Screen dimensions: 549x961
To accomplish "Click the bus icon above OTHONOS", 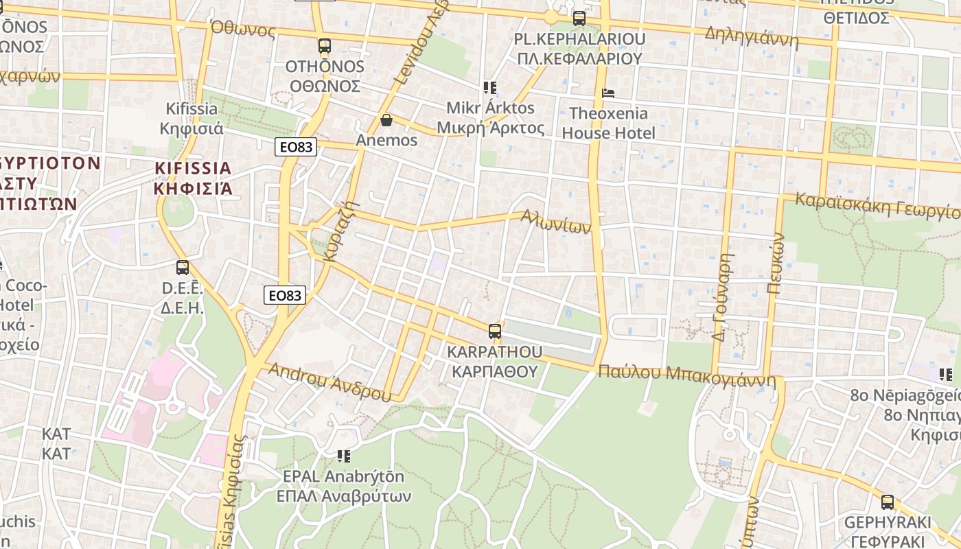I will pyautogui.click(x=324, y=46).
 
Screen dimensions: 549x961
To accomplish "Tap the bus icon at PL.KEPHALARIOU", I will pyautogui.click(x=579, y=18).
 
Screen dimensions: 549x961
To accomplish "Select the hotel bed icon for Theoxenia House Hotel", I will pyautogui.click(x=608, y=93).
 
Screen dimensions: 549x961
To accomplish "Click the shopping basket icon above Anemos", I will pyautogui.click(x=386, y=120).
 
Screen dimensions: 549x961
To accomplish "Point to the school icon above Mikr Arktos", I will pyautogui.click(x=489, y=87).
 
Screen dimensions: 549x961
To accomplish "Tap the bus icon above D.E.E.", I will pyautogui.click(x=183, y=268).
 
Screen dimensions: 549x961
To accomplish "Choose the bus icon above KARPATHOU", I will pyautogui.click(x=494, y=331).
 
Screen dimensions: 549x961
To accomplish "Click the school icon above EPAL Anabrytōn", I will pyautogui.click(x=344, y=456).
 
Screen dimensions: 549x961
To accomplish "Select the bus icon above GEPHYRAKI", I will pyautogui.click(x=888, y=502).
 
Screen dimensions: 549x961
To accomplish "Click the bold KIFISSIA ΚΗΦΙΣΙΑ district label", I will pyautogui.click(x=193, y=178).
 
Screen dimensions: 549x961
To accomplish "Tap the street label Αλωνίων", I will pyautogui.click(x=555, y=221).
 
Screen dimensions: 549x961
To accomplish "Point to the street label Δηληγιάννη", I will pyautogui.click(x=752, y=37).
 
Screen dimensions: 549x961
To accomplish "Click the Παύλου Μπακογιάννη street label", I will pyautogui.click(x=686, y=375).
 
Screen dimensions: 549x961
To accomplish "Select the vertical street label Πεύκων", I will pyautogui.click(x=776, y=264).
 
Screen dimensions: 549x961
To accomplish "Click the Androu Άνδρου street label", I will pyautogui.click(x=329, y=382).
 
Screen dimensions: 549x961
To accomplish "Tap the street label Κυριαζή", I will pyautogui.click(x=342, y=231).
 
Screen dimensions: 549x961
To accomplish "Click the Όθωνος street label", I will pyautogui.click(x=243, y=30).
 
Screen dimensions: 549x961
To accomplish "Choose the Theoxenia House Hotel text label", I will pyautogui.click(x=608, y=123).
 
